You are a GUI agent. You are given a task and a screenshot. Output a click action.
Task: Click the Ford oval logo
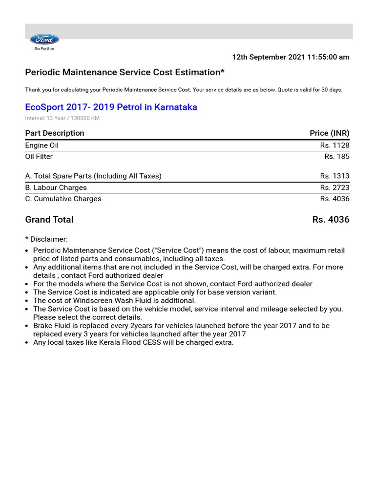(x=44, y=40)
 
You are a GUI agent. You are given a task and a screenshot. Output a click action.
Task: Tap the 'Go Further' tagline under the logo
(x=44, y=49)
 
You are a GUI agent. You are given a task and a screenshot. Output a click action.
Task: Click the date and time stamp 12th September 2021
(x=291, y=57)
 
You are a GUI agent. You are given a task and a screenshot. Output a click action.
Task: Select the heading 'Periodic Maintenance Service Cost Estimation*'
(x=125, y=72)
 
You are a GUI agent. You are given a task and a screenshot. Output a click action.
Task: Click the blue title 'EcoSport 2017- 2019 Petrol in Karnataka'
(x=111, y=107)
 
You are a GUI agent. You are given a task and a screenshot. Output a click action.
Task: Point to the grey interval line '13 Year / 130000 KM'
(x=62, y=118)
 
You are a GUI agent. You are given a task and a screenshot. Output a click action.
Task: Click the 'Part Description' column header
(x=55, y=133)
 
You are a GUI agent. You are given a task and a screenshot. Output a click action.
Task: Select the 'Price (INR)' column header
(x=329, y=133)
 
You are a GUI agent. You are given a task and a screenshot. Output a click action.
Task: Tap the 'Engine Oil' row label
(x=42, y=146)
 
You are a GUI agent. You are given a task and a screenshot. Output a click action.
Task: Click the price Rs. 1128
(x=334, y=146)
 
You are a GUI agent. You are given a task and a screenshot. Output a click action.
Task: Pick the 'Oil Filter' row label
(x=39, y=157)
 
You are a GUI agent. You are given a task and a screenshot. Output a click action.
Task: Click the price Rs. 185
(x=336, y=157)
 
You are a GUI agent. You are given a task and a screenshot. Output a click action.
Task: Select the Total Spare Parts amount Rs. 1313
(x=334, y=176)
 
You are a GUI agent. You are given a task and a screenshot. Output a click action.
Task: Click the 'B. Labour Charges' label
(x=56, y=187)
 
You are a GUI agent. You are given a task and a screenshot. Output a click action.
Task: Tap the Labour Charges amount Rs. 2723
(x=334, y=187)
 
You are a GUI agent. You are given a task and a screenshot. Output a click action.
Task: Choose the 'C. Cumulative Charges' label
(x=63, y=199)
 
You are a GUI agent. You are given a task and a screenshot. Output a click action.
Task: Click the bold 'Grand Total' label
(x=49, y=220)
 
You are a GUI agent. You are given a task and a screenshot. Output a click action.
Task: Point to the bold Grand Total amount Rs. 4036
(x=331, y=220)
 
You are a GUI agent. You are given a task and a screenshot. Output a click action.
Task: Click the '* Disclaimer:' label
(x=46, y=239)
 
